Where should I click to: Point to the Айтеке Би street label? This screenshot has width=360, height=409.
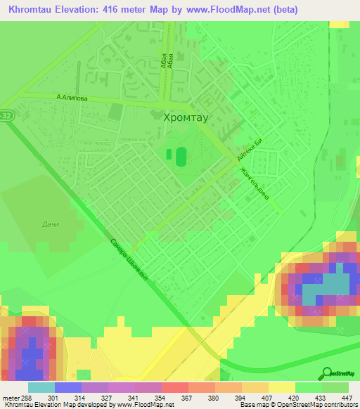(x=250, y=150)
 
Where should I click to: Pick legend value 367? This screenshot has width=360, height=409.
(x=188, y=397)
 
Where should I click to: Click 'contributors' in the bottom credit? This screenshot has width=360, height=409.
(x=340, y=405)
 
